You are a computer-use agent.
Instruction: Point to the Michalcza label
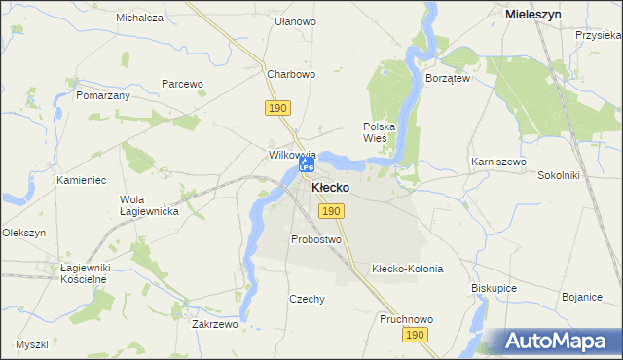coord(139,18)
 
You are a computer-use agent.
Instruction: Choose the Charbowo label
coord(291,74)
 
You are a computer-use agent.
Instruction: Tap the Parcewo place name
coord(182,84)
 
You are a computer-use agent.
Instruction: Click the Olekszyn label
coord(24,234)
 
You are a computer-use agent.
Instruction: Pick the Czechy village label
coord(307,300)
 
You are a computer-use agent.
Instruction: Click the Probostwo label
coord(316,239)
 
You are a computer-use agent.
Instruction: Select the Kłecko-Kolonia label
coord(407,269)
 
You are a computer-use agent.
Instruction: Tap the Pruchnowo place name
coord(406,319)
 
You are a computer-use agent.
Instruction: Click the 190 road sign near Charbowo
coord(275,106)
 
